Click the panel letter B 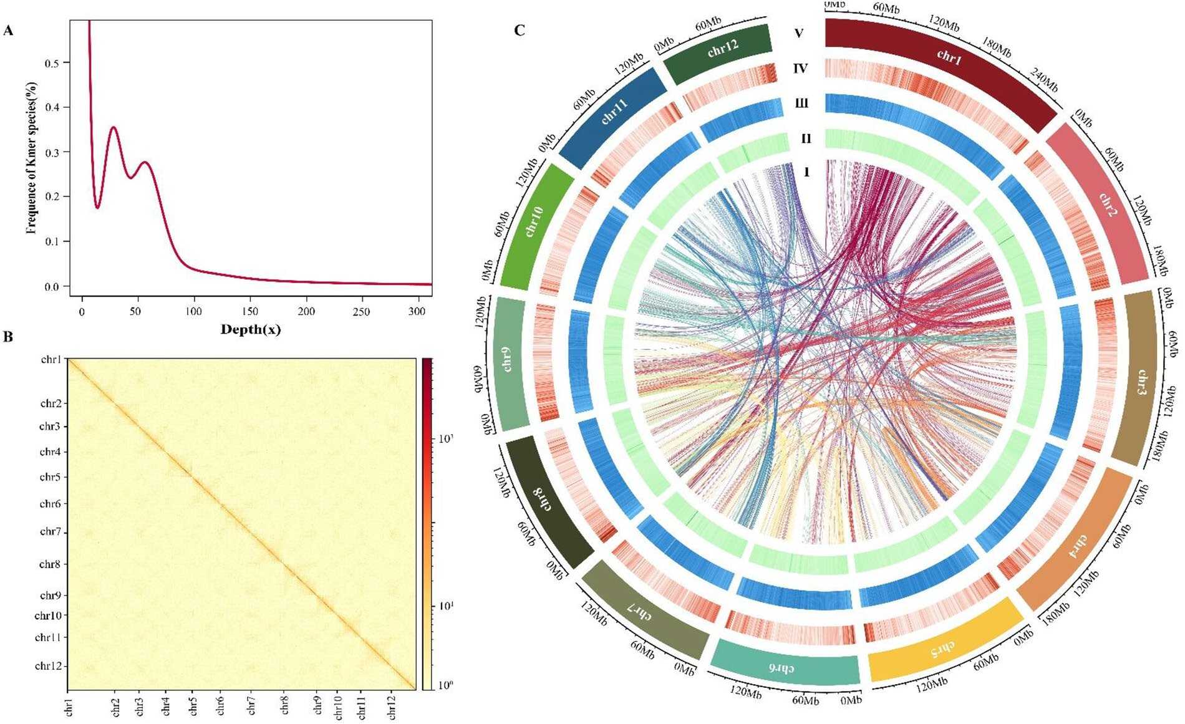[8, 337]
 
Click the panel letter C [520, 30]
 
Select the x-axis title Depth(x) [251, 330]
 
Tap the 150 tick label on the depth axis [250, 311]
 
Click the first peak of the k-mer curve [114, 127]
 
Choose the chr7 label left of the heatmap [50, 532]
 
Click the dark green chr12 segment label [722, 49]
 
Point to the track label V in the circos [799, 33]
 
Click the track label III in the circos [801, 103]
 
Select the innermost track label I [806, 171]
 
